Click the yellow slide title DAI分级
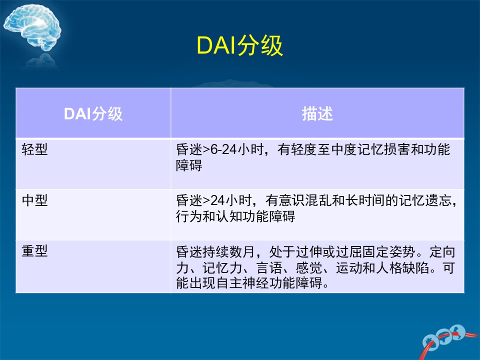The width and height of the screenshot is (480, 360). pos(239,45)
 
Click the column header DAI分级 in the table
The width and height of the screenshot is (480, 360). pos(93,114)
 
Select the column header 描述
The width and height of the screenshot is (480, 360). pos(317,114)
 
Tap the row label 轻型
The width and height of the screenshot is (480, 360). pos(34,149)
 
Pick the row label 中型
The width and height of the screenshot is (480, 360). pos(34,200)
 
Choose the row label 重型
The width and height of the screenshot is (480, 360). pos(34,251)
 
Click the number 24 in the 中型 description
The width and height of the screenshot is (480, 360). pos(218,200)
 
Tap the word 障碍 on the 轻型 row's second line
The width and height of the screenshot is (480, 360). pos(189,165)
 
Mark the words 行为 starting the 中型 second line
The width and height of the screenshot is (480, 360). pos(189,216)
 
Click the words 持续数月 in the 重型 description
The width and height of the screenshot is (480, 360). pos(228,251)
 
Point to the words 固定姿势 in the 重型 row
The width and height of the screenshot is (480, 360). pos(389,251)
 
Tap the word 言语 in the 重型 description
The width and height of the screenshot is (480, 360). pos(269,268)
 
